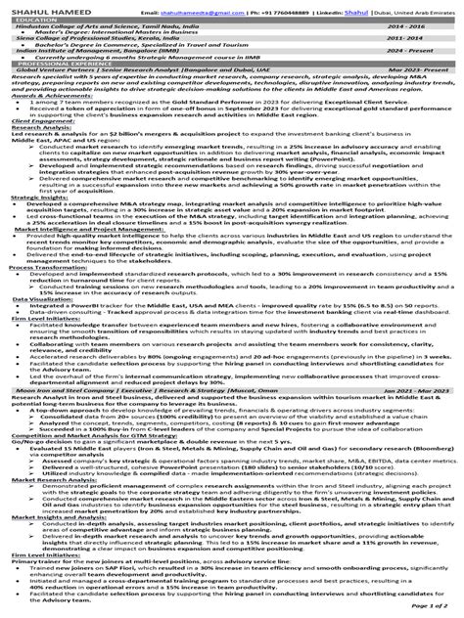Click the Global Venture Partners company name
59,71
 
